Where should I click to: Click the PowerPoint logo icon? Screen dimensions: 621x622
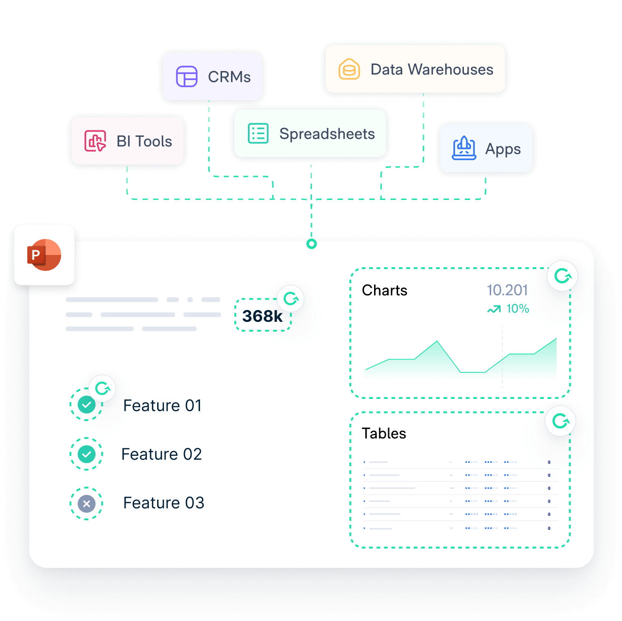(x=44, y=255)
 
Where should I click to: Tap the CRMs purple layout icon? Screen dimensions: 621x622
(x=187, y=77)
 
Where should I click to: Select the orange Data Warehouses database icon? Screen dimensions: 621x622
(x=349, y=70)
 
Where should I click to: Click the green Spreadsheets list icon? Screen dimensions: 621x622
(x=258, y=134)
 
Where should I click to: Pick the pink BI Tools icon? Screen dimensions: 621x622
(x=95, y=141)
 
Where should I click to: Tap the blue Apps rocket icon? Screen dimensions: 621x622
(x=464, y=149)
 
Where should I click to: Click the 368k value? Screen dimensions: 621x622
(x=262, y=316)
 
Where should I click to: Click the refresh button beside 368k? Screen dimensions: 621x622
(x=291, y=298)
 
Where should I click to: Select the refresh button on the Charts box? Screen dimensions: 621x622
(x=562, y=276)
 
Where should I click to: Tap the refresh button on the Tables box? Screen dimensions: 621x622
(x=560, y=421)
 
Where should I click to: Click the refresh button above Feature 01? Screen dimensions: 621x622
(x=102, y=388)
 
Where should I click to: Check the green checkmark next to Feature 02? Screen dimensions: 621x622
(x=87, y=454)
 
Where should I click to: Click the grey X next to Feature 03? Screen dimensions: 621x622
(x=87, y=503)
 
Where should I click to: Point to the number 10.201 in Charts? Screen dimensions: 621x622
(x=507, y=290)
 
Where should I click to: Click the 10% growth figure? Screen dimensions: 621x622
(x=518, y=309)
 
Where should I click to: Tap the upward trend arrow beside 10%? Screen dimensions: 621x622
(x=494, y=309)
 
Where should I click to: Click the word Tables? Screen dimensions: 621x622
(x=384, y=433)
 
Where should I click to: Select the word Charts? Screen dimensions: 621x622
(x=384, y=290)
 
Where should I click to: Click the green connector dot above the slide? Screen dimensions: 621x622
(x=311, y=244)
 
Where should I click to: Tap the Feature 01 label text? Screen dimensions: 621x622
(x=162, y=406)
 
